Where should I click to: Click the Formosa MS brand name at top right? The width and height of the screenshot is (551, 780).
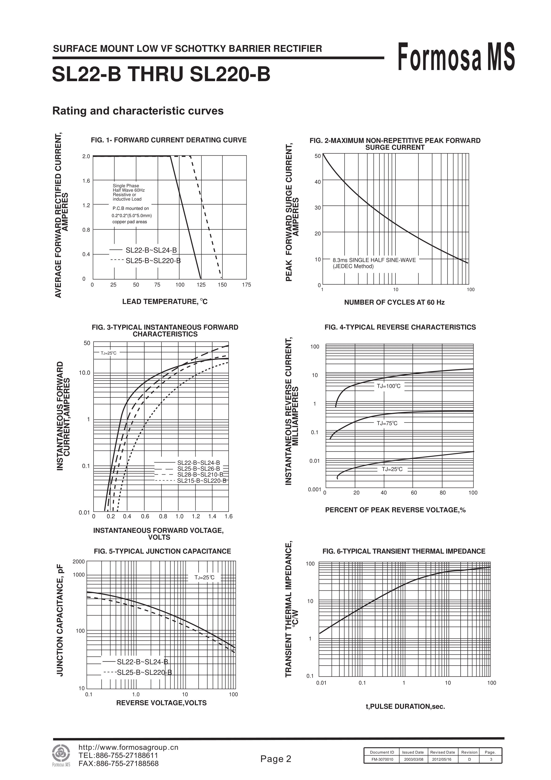click(456, 57)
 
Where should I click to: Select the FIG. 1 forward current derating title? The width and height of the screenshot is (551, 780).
click(169, 140)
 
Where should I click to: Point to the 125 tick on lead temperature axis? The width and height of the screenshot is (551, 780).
click(201, 285)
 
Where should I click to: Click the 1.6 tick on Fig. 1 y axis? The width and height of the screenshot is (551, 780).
click(86, 181)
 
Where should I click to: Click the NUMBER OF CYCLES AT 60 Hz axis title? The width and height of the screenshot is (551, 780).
click(394, 302)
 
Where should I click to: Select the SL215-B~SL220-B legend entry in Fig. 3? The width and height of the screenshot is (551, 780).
click(201, 481)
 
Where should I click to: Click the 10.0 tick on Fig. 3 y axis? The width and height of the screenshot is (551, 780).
click(84, 373)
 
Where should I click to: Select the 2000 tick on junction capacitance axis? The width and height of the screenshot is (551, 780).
click(78, 561)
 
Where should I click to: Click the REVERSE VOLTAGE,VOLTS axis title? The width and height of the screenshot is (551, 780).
click(161, 703)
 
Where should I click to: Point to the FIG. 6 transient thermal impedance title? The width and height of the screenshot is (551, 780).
click(404, 551)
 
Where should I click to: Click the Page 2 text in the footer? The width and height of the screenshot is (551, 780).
click(276, 759)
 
